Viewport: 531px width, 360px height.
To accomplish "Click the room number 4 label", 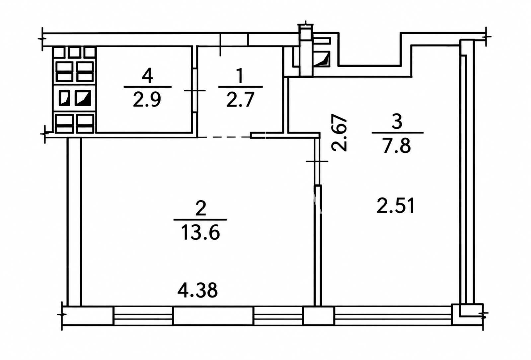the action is click(x=147, y=75).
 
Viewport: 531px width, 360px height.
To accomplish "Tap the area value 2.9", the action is click(x=147, y=100).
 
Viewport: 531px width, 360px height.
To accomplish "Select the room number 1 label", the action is click(x=240, y=75).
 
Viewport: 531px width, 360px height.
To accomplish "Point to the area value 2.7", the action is click(x=240, y=100).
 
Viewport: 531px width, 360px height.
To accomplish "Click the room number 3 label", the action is click(x=397, y=121).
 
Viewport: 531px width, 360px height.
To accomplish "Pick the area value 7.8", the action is click(x=396, y=145).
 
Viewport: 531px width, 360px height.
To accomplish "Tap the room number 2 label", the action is click(x=200, y=208).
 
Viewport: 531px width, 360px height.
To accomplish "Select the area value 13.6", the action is click(x=200, y=233).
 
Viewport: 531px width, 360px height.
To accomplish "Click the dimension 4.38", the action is click(x=197, y=290).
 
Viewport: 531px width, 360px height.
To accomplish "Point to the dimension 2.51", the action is click(x=395, y=206).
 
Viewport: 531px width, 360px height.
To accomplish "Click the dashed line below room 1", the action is click(x=224, y=137).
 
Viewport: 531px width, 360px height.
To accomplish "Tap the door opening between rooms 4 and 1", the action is click(x=194, y=90).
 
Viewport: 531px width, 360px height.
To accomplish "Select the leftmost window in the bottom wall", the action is click(x=143, y=316).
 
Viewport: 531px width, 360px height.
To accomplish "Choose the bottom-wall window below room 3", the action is click(x=393, y=316).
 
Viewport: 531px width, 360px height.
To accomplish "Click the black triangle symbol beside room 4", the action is click(x=83, y=98).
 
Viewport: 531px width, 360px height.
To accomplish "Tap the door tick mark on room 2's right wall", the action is click(x=317, y=161).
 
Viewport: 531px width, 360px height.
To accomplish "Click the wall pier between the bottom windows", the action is click(x=318, y=316).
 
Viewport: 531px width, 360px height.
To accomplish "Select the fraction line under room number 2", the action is click(x=200, y=220).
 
